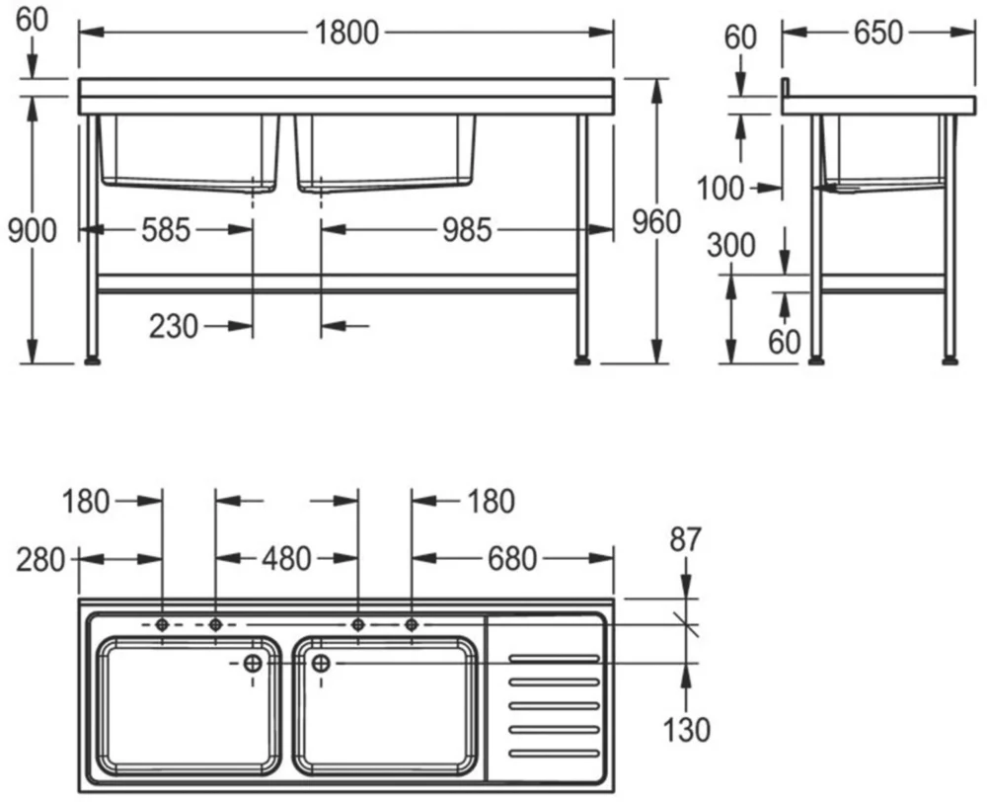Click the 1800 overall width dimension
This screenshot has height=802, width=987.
pos(346,33)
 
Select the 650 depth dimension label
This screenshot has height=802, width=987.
pos(877,33)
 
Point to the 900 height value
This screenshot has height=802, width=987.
pos(32,230)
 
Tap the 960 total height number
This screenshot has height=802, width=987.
pos(655,223)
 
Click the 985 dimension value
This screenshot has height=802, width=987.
pos(465,230)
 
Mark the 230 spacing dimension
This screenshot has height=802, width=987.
pos(175,325)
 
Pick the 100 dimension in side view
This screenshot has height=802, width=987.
pos(721,187)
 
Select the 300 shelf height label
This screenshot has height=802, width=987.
pos(732,245)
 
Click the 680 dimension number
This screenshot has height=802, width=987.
pos(511,559)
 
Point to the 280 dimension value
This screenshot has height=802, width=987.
pos(40,559)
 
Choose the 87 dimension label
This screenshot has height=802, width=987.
pos(685,539)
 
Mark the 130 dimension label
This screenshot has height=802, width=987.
pos(685,730)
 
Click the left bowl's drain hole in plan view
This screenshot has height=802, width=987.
pos(253,664)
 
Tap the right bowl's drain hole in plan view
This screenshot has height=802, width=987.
pos(320,664)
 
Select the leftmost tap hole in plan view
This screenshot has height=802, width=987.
pos(162,624)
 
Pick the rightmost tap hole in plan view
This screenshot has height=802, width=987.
pos(412,624)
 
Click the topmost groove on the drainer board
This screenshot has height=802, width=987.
pos(553,658)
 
